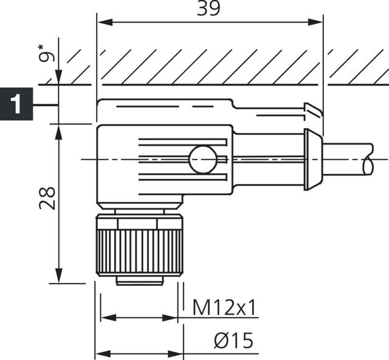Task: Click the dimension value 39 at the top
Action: [x=210, y=8]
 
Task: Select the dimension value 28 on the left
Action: [x=47, y=197]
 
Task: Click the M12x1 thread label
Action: [x=225, y=308]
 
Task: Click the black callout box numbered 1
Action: [x=16, y=104]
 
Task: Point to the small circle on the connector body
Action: [x=202, y=160]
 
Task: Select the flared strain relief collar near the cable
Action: [x=311, y=159]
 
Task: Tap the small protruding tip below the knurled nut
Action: [x=139, y=280]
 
